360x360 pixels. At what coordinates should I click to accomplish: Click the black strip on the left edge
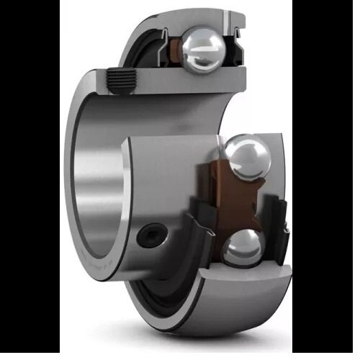point(29,180)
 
